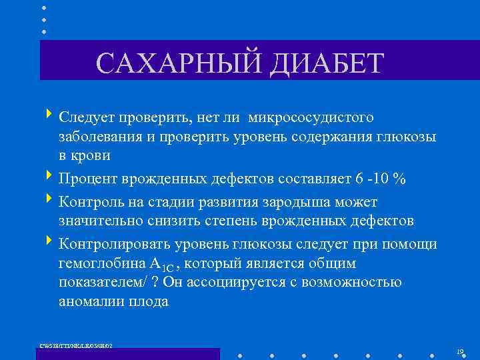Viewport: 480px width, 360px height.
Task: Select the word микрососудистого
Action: point(311,117)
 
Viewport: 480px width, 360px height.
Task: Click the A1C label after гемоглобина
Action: point(163,264)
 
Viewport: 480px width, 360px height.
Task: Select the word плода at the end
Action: point(149,301)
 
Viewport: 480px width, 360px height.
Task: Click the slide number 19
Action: point(460,351)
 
